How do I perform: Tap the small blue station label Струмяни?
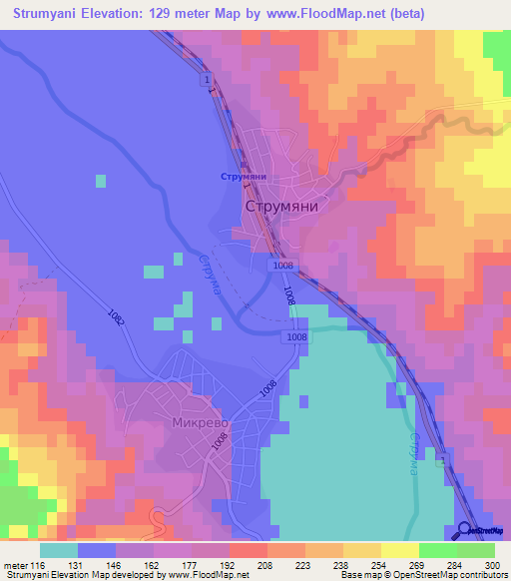click(243, 177)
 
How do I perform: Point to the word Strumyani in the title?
click(52, 14)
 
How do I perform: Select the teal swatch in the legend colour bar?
click(58, 550)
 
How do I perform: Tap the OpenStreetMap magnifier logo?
click(465, 530)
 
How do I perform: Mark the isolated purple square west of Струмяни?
click(100, 181)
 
